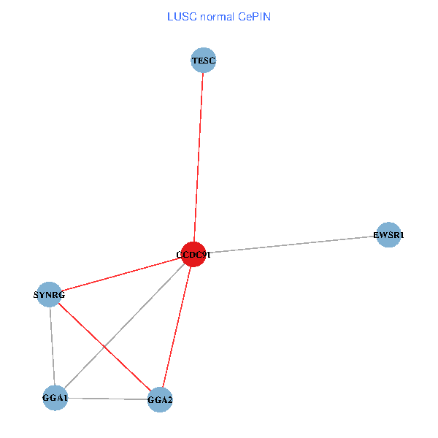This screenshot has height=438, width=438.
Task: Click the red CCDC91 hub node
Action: point(193,254)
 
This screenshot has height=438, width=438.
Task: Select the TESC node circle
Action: point(204,60)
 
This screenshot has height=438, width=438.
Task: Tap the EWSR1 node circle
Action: point(388,235)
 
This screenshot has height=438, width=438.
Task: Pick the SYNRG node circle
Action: point(49,295)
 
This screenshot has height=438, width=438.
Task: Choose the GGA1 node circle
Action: point(55,398)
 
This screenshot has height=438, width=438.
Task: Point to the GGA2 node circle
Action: point(160,400)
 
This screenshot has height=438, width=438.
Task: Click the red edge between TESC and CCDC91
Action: point(199,157)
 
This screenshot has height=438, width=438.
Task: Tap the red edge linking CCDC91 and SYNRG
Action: point(120,274)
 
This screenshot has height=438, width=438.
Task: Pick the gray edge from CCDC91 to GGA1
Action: point(124,326)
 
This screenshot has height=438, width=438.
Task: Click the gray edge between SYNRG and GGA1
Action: point(52,346)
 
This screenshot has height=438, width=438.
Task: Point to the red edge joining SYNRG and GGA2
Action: point(104,347)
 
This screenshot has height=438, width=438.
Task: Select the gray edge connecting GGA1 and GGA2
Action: point(107,399)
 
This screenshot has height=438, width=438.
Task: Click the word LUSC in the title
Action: point(180,15)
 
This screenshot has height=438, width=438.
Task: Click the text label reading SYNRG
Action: point(49,295)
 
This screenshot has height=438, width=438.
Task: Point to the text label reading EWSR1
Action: point(388,235)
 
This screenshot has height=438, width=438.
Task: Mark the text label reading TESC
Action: point(204,60)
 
